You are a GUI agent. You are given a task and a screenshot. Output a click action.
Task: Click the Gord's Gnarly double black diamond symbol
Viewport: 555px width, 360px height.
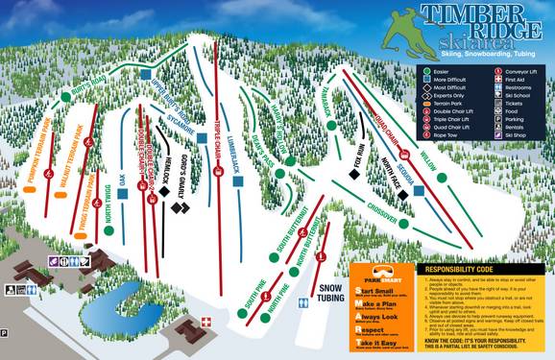(180, 206)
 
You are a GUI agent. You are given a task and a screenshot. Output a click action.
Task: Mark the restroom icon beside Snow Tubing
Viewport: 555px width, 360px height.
(304, 302)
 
